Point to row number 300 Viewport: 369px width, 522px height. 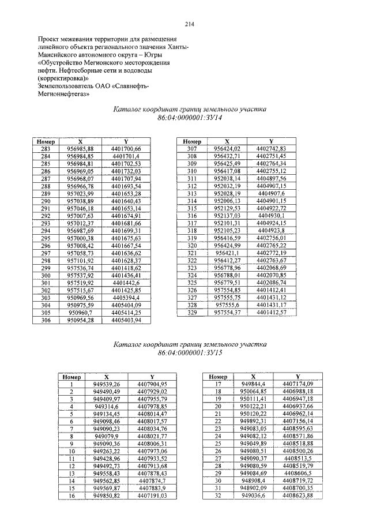pyautogui.click(x=46, y=276)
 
